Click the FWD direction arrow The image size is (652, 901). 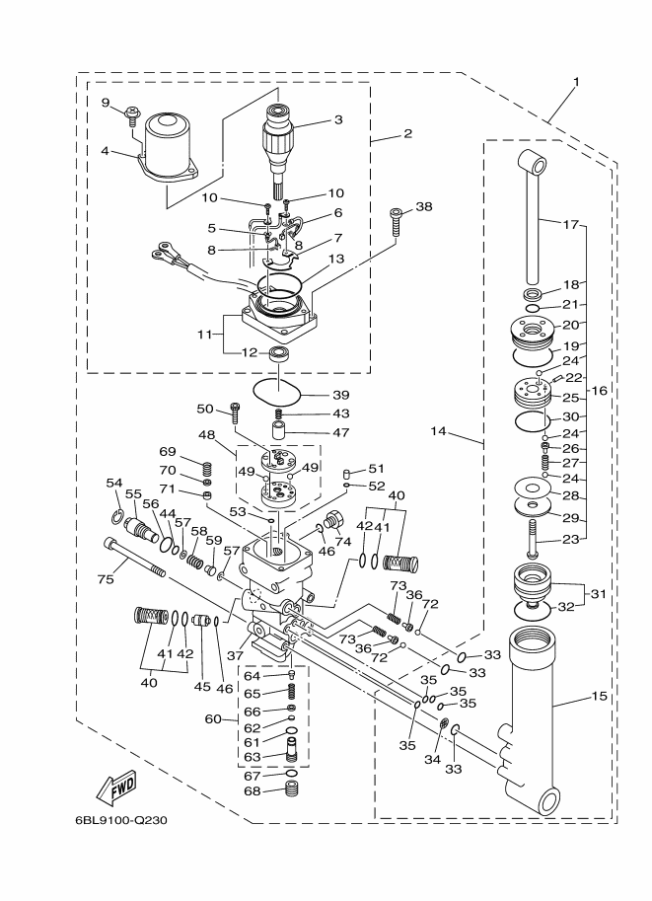(115, 788)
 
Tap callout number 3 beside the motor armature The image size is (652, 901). (337, 120)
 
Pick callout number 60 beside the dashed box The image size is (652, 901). (213, 718)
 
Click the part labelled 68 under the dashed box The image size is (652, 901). (291, 790)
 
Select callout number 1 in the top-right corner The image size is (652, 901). (576, 81)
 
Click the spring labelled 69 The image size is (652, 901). (207, 469)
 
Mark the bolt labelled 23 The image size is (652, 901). (534, 539)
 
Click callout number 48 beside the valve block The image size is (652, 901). (207, 433)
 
